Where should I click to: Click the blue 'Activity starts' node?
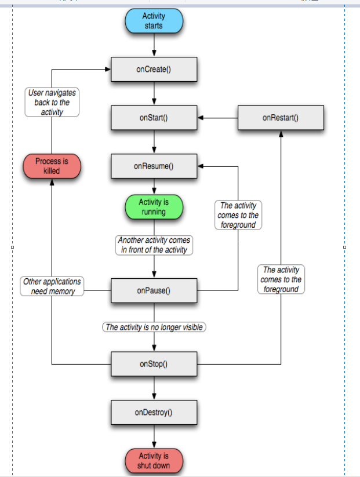tap(154, 21)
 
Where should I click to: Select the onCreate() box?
tap(154, 70)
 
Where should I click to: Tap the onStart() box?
tap(154, 118)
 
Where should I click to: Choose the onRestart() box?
tap(281, 118)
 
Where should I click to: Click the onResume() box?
tap(154, 166)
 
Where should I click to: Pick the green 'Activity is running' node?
tap(154, 207)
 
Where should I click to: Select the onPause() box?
tap(154, 290)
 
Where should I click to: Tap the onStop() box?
tap(154, 364)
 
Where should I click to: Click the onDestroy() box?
tap(154, 412)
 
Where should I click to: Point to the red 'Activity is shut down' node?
tap(154, 461)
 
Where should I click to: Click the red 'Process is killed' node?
tap(52, 166)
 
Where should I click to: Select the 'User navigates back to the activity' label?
tap(52, 102)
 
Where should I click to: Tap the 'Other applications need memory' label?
tap(52, 286)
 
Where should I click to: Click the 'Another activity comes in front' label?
tap(154, 245)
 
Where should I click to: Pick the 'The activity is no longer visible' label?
tap(154, 327)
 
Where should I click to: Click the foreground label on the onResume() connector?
tap(238, 215)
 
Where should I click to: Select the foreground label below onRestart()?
tap(281, 279)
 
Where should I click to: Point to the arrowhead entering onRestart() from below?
tap(281, 133)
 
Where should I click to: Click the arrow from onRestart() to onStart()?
tap(217, 118)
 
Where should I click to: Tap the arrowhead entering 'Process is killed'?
tap(52, 182)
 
